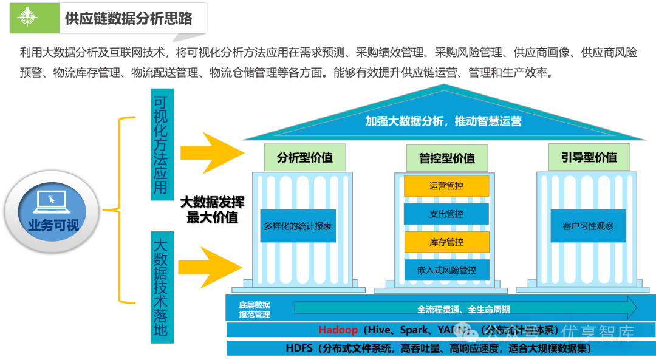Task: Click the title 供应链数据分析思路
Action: click(x=129, y=18)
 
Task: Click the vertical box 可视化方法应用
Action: click(x=161, y=144)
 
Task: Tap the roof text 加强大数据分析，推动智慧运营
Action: click(x=443, y=121)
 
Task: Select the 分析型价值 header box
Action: click(x=305, y=157)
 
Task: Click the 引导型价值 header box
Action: click(x=589, y=157)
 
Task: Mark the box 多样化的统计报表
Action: click(x=298, y=226)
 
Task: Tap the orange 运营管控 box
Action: click(x=446, y=186)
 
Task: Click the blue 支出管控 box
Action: click(x=446, y=214)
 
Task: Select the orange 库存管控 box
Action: click(x=446, y=242)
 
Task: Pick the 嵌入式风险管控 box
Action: click(x=446, y=270)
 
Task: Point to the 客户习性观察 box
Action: click(x=588, y=226)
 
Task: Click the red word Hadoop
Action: click(x=338, y=330)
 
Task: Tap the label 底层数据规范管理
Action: click(x=255, y=310)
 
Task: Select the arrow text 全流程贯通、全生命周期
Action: click(x=463, y=309)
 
